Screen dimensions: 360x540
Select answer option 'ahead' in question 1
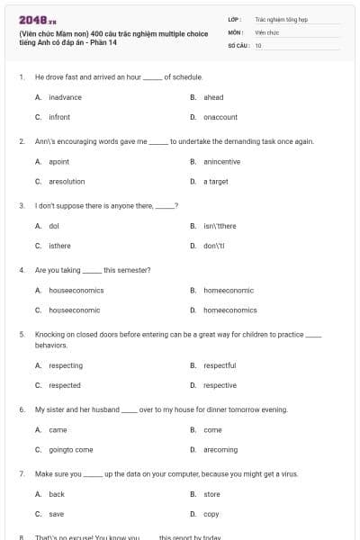[x=213, y=97]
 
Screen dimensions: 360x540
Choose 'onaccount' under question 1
[x=220, y=117]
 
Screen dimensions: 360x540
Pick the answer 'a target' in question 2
[x=215, y=181]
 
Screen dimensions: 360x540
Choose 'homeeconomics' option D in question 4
[x=229, y=310]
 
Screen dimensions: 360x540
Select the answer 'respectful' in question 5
[x=220, y=365]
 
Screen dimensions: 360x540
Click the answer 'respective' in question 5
[x=220, y=385]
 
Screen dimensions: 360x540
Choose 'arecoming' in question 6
[x=220, y=449]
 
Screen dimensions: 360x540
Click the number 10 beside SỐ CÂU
[x=258, y=44]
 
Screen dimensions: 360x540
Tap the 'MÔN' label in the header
[x=236, y=31]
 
